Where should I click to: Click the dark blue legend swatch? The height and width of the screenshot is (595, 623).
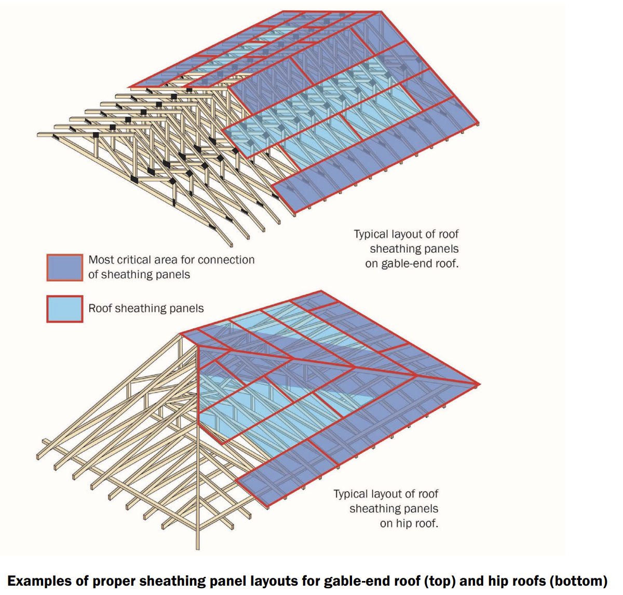click(x=64, y=268)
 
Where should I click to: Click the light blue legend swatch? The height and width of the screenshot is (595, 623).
click(x=64, y=309)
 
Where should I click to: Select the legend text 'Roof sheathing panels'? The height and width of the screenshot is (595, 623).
click(x=146, y=309)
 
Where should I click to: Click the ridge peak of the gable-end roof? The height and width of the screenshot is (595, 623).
click(x=381, y=11)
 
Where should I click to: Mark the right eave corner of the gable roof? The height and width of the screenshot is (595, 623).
click(x=478, y=123)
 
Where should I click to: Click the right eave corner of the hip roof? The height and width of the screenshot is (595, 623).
click(x=479, y=384)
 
